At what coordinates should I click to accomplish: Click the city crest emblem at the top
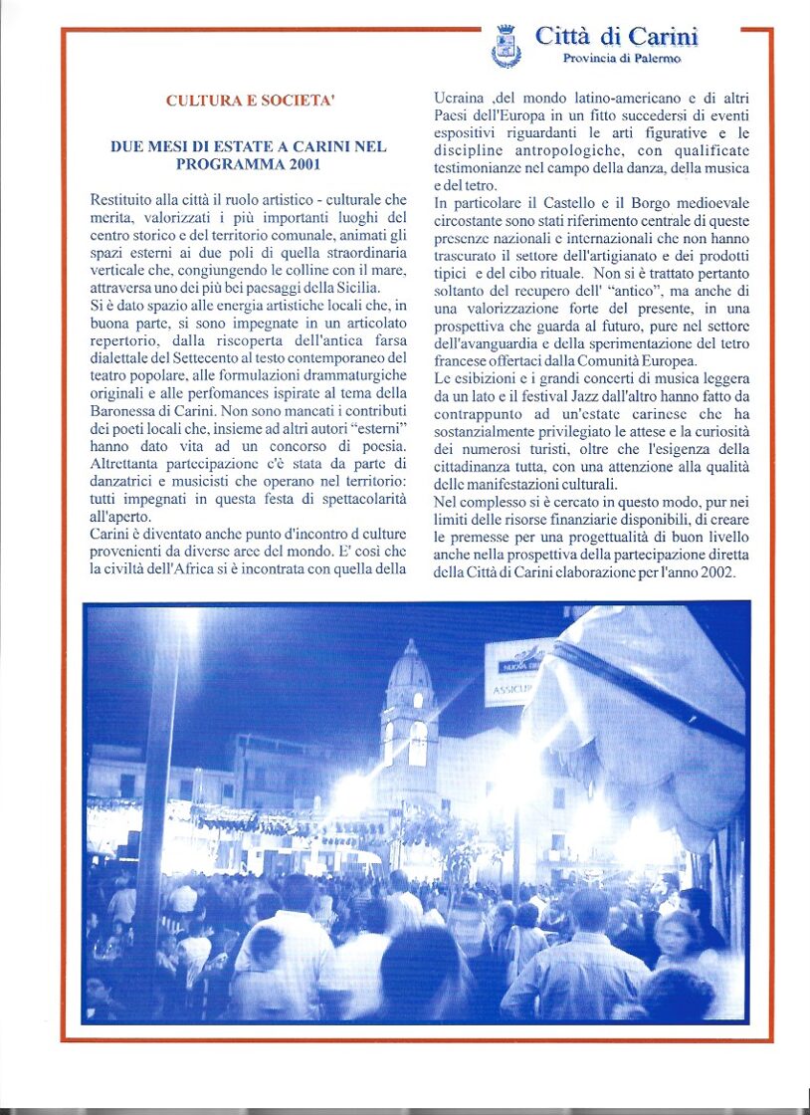pyautogui.click(x=506, y=46)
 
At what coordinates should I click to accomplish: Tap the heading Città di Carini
pyautogui.click(x=616, y=37)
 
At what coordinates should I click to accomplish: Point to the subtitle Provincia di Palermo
pyautogui.click(x=622, y=59)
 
